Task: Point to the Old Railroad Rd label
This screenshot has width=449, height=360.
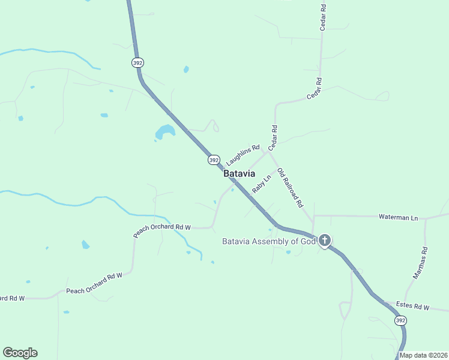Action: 290,188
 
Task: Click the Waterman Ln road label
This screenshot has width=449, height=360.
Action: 398,217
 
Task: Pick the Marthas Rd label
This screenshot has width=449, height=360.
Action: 421,263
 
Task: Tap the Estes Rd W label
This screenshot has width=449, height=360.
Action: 414,307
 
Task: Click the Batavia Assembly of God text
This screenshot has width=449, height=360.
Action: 268,242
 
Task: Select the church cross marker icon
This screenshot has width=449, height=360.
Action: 325,241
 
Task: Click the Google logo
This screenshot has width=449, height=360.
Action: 20,353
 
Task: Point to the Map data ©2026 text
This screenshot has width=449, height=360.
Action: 423,355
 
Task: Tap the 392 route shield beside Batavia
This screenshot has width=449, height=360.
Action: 214,160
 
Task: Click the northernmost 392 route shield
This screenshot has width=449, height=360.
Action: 138,62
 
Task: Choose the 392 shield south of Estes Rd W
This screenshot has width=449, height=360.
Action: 400,321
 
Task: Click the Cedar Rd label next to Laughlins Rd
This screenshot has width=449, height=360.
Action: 273,137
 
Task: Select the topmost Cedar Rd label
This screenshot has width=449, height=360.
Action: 323,17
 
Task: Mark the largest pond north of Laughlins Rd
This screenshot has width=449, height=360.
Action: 164,131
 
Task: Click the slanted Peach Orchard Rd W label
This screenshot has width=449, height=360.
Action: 162,230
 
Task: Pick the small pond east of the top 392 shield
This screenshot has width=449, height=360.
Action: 186,70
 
